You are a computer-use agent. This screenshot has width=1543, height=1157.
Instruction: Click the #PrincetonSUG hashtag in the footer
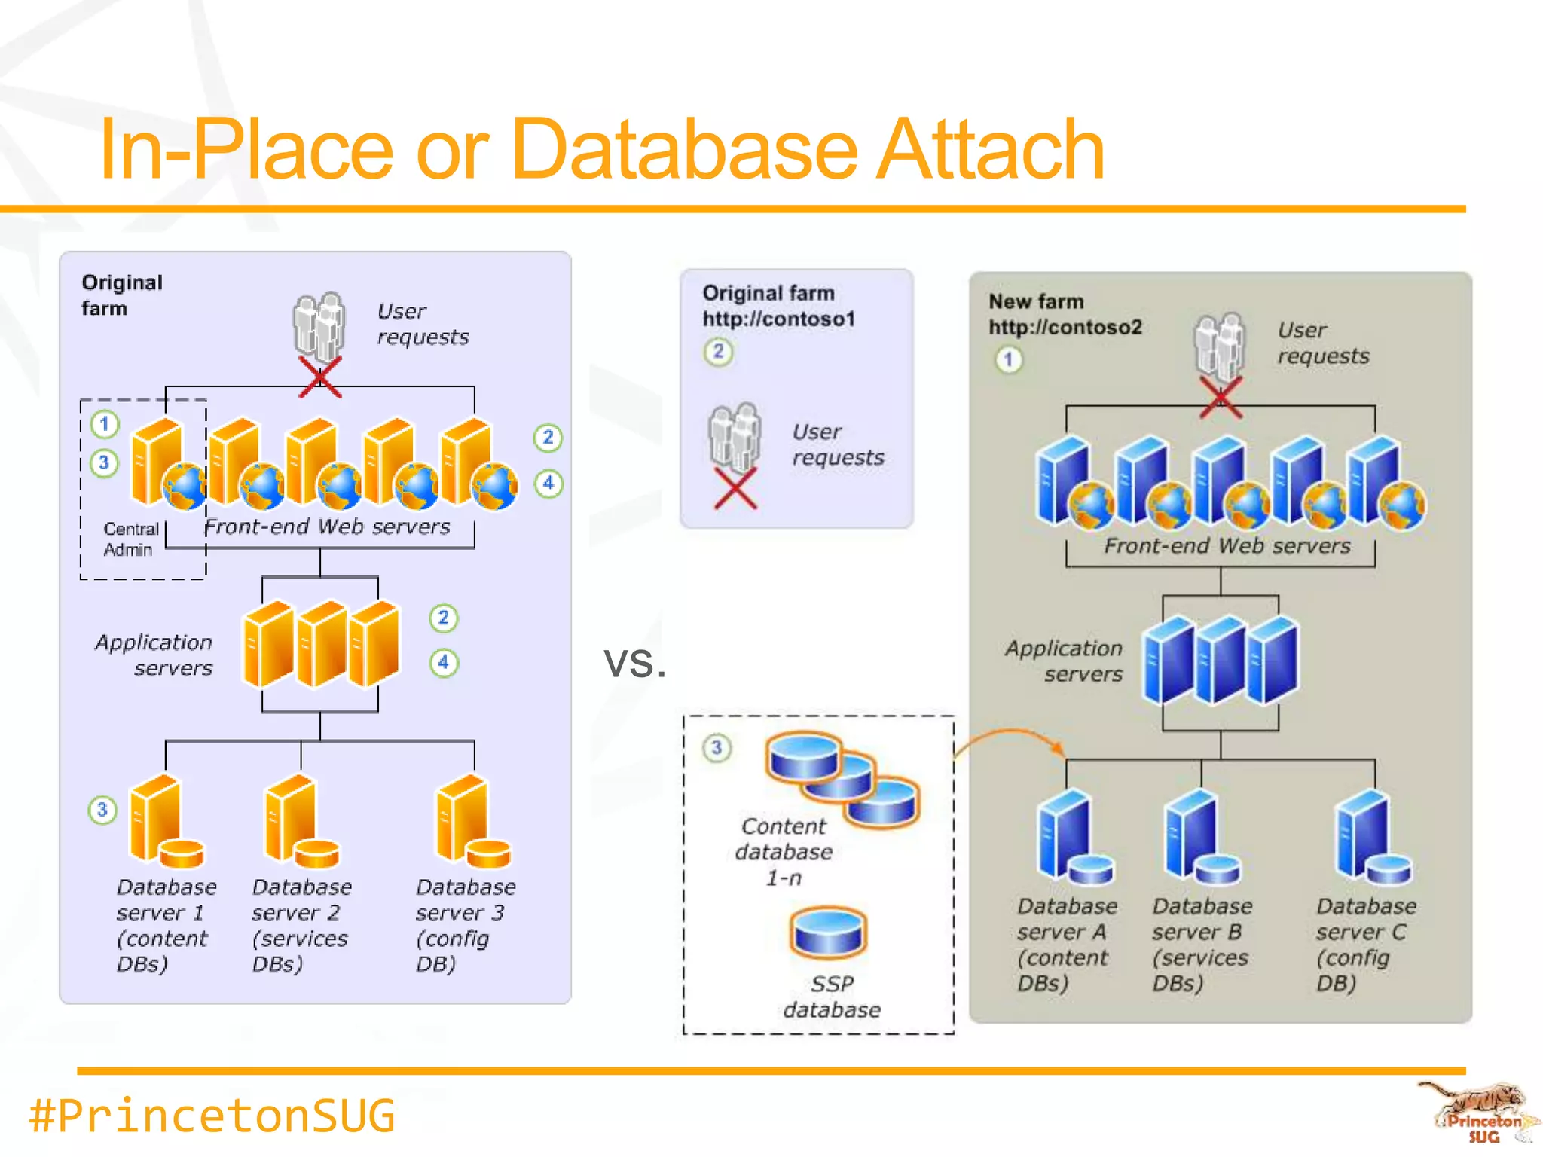pyautogui.click(x=212, y=1116)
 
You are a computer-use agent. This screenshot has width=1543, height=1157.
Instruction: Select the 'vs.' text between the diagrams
pyautogui.click(x=634, y=662)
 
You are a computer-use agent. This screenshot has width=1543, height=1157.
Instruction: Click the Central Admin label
pyautogui.click(x=130, y=539)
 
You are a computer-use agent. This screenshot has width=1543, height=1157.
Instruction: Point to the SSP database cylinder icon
pyautogui.click(x=828, y=933)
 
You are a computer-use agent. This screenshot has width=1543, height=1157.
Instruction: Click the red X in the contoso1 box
pyautogui.click(x=735, y=489)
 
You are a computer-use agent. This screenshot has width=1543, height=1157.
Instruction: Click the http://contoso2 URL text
pyautogui.click(x=1065, y=327)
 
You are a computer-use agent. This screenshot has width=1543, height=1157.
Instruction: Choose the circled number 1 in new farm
pyautogui.click(x=1008, y=359)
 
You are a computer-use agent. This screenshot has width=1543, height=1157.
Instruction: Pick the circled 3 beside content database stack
pyautogui.click(x=717, y=748)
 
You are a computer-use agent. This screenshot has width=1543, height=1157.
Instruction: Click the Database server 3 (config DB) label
pyautogui.click(x=465, y=925)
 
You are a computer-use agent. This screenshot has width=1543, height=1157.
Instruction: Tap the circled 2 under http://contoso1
pyautogui.click(x=718, y=351)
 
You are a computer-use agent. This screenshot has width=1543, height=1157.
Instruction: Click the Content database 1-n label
pyautogui.click(x=784, y=851)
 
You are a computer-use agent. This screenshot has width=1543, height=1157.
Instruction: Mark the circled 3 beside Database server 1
pyautogui.click(x=102, y=811)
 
